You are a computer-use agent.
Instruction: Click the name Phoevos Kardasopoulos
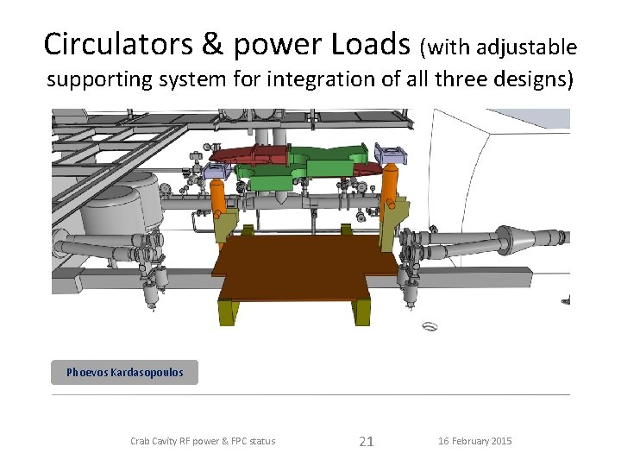[125, 373]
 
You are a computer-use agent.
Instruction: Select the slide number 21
[366, 442]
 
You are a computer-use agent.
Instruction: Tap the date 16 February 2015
[474, 441]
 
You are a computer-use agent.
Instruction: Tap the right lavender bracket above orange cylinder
[393, 155]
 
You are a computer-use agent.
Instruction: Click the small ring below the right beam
[430, 326]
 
